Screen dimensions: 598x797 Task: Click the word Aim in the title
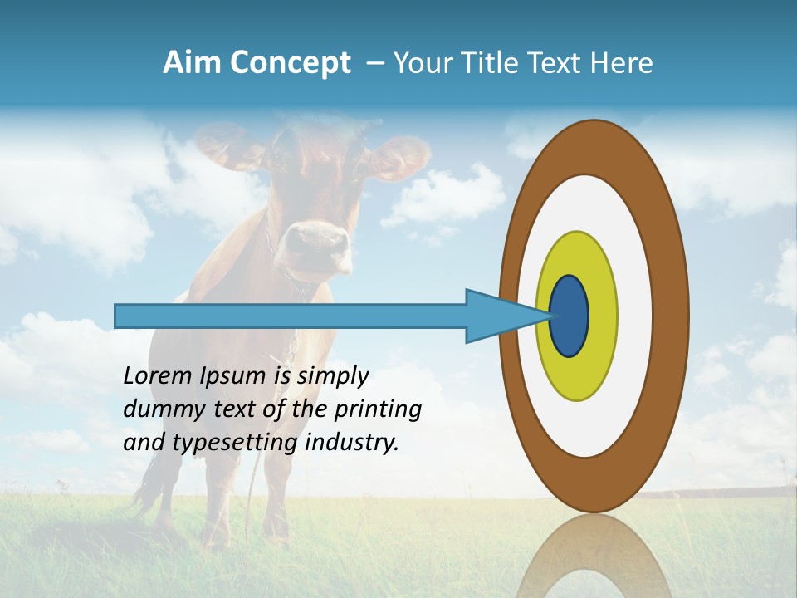pyautogui.click(x=192, y=63)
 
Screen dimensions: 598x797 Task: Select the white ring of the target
pyautogui.click(x=635, y=316)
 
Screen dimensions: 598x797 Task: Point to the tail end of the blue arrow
pyautogui.click(x=118, y=316)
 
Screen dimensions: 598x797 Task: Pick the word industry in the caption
pyautogui.click(x=352, y=443)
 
